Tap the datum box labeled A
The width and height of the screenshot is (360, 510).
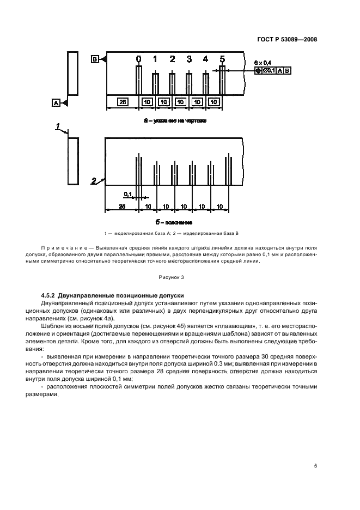click(56, 101)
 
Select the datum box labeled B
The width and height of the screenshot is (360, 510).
click(95, 58)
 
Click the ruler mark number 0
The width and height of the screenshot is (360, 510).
click(138, 59)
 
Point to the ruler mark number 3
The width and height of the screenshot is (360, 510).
click(189, 59)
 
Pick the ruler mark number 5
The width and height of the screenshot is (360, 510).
click(222, 59)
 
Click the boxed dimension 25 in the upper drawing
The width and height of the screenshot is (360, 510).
click(123, 101)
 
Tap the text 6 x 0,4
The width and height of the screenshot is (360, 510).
click(262, 63)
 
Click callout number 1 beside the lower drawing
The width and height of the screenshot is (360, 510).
click(57, 126)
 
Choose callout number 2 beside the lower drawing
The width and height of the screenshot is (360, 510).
click(94, 180)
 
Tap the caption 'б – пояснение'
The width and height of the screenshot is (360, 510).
click(174, 222)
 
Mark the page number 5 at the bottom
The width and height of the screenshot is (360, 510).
click(315, 466)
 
